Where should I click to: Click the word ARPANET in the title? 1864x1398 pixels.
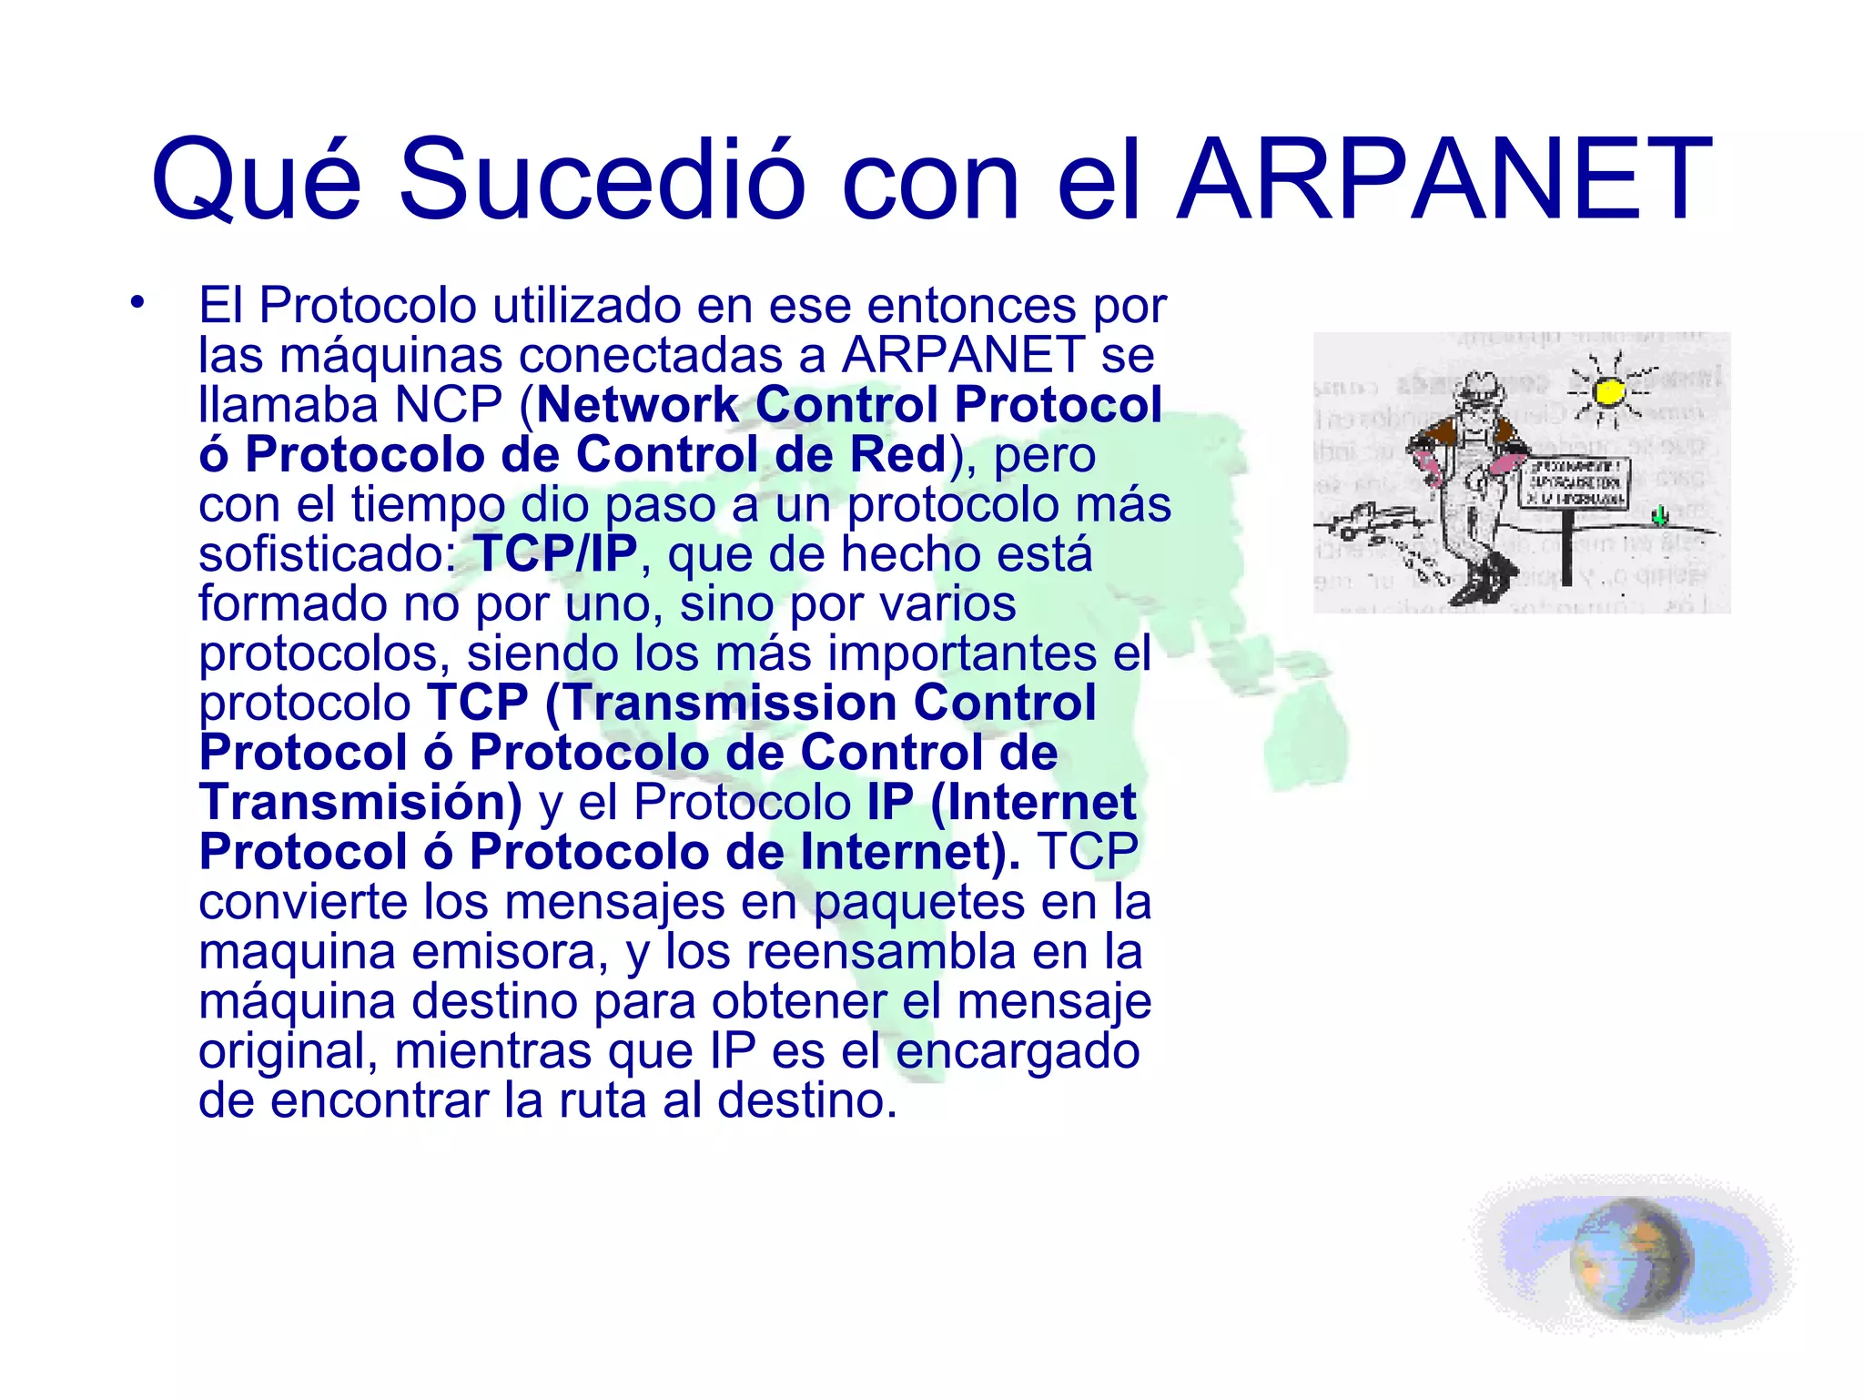[x=1444, y=179]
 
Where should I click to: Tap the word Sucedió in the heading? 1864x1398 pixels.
[x=602, y=179]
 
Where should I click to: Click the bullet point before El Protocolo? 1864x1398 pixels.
[x=137, y=302]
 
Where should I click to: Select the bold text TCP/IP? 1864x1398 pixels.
[x=555, y=553]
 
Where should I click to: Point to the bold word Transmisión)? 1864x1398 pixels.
[x=360, y=803]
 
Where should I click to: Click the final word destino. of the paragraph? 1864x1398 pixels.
[x=806, y=1100]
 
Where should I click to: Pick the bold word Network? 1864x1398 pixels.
[x=638, y=405]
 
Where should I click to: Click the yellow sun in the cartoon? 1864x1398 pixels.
[x=1609, y=392]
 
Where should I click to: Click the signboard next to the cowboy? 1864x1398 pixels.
[x=1572, y=482]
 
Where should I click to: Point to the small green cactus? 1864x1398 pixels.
[x=1660, y=516]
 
